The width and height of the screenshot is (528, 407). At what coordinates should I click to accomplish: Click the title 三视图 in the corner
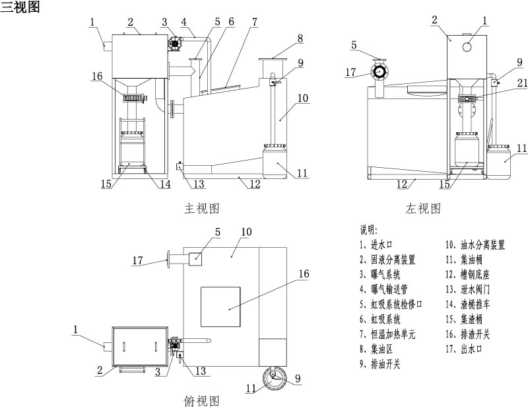tap(20, 7)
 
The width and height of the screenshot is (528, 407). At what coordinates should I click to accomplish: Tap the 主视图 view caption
tap(202, 208)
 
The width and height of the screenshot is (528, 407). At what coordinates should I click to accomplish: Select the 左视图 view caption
tap(423, 208)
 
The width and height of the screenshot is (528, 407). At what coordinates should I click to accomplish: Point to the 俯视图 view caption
tap(202, 400)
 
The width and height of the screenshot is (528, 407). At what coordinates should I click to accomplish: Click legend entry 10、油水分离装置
tap(475, 245)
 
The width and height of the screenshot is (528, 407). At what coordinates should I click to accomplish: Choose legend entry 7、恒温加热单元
tap(387, 334)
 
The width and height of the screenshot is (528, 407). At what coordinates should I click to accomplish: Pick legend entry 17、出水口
tap(464, 349)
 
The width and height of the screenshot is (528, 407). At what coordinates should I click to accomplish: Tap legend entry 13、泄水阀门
tap(468, 289)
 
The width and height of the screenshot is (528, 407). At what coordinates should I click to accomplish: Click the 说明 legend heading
tap(369, 231)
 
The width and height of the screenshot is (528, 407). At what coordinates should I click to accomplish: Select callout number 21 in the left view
tap(522, 83)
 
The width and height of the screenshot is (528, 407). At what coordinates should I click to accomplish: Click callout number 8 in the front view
tap(300, 38)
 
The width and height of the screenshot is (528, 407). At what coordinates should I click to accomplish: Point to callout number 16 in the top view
tap(304, 274)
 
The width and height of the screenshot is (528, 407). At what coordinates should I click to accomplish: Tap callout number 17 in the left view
tap(350, 72)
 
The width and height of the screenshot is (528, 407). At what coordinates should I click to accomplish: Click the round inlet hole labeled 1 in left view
tap(467, 47)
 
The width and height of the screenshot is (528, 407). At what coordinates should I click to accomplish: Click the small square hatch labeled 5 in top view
tap(195, 259)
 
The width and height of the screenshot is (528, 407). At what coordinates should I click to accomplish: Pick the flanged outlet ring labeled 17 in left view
tap(379, 71)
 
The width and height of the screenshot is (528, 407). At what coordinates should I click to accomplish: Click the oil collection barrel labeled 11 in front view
tap(275, 161)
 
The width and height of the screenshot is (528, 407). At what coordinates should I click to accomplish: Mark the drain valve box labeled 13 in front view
tap(179, 166)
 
